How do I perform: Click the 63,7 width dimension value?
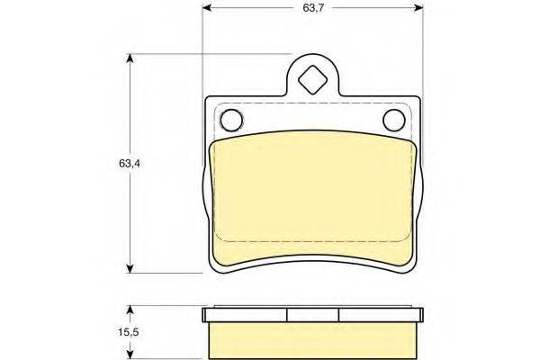313,8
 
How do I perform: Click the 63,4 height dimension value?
129,163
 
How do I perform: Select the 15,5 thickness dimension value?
129,332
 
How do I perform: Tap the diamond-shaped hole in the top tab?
312,79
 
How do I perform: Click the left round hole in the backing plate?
231,121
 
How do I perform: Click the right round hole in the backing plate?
393,121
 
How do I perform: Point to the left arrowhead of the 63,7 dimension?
207,8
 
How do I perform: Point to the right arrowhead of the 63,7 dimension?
418,8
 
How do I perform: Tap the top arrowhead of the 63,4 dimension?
130,58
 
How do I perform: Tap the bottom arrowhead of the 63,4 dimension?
130,269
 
